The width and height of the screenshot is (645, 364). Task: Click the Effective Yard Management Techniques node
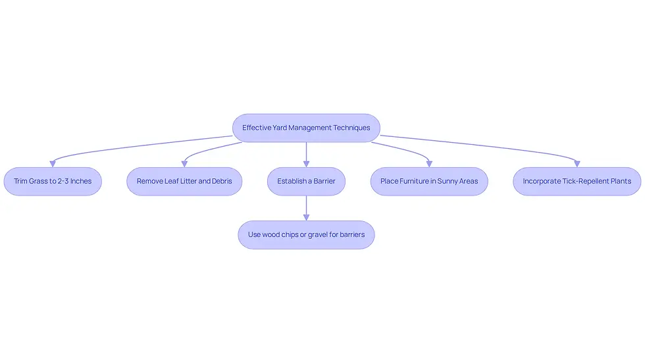click(x=306, y=128)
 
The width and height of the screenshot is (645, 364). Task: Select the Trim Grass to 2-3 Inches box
click(x=53, y=182)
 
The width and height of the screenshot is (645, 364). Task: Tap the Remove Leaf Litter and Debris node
click(x=184, y=182)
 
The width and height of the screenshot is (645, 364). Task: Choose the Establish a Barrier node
click(x=306, y=182)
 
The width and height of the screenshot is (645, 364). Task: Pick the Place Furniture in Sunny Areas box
click(x=429, y=182)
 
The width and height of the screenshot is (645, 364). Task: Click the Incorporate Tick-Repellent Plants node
click(x=577, y=182)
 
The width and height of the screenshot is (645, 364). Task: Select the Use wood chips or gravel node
click(x=306, y=235)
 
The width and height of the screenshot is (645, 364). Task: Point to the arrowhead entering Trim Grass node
click(x=53, y=164)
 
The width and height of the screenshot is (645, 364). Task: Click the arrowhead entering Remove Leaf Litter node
click(x=184, y=164)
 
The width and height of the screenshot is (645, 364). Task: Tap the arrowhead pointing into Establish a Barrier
click(x=306, y=164)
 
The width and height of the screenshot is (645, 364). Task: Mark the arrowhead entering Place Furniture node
click(x=429, y=164)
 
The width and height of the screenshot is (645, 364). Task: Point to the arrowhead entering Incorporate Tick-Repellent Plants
click(x=577, y=164)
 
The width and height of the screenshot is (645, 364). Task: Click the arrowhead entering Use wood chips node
click(x=306, y=218)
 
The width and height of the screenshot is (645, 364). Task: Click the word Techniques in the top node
click(x=351, y=128)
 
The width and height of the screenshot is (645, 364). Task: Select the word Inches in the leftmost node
click(x=81, y=182)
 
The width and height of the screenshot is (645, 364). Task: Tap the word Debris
click(x=222, y=182)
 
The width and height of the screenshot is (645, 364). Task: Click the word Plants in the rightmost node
click(x=621, y=182)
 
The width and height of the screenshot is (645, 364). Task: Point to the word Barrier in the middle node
click(x=324, y=182)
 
